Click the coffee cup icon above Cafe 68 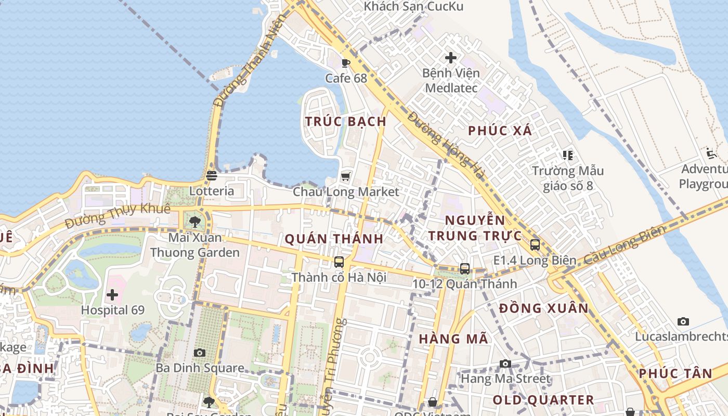tap(345, 63)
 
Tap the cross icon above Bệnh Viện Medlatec tap(451, 57)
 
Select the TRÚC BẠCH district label tap(346, 122)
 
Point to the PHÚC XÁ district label tap(500, 131)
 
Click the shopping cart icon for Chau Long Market tap(345, 177)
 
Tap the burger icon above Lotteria tap(211, 175)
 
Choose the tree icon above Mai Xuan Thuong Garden tap(195, 222)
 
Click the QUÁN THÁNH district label tap(334, 239)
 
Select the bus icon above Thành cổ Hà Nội tap(339, 262)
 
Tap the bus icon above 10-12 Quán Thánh tap(465, 268)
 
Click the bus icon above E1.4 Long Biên tap(535, 244)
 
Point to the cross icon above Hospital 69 tap(112, 295)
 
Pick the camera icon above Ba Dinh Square tap(200, 353)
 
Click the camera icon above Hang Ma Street tap(505, 363)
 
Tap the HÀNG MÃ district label tap(453, 339)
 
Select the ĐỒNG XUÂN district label tap(543, 308)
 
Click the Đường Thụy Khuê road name tap(118, 215)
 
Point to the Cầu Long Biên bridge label tap(624, 244)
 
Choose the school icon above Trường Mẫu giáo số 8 tap(567, 155)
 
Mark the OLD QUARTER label tap(543, 400)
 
